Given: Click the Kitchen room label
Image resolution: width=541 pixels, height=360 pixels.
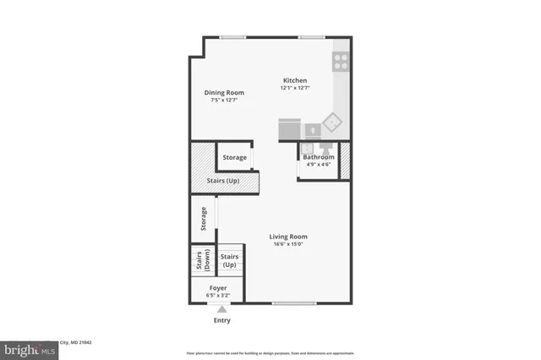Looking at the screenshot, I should coord(295,80).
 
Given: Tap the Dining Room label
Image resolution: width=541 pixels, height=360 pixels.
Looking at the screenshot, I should coord(224,92).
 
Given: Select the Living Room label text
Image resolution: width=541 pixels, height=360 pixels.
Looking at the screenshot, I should coord(288,237).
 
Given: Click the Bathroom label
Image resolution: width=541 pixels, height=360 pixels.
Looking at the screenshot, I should coord(319,157).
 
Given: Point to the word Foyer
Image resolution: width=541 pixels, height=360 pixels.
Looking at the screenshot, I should coord(218,288).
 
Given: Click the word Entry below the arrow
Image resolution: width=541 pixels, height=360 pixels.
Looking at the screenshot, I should coord(221,320).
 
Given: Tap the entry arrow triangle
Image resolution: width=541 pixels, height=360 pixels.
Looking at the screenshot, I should coord(221,309).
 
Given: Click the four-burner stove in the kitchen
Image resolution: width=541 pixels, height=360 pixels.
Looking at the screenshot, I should coord(342,60).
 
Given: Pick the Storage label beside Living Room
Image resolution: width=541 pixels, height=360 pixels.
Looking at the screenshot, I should coord(203,220).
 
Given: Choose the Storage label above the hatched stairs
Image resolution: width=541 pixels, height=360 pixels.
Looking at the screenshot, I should coord(234,158).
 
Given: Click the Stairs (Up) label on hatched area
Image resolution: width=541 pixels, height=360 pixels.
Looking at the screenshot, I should coord(223,182).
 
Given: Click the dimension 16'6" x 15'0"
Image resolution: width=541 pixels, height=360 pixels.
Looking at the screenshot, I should coord(288,245).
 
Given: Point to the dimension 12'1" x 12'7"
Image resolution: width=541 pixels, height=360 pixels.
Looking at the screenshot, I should coord(295,88).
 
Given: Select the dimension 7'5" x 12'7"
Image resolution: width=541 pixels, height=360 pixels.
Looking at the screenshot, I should coord(224,100).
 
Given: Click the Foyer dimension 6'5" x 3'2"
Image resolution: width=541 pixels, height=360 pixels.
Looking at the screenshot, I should coord(218,296).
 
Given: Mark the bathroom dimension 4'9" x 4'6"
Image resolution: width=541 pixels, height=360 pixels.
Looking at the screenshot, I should coord(319,165).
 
